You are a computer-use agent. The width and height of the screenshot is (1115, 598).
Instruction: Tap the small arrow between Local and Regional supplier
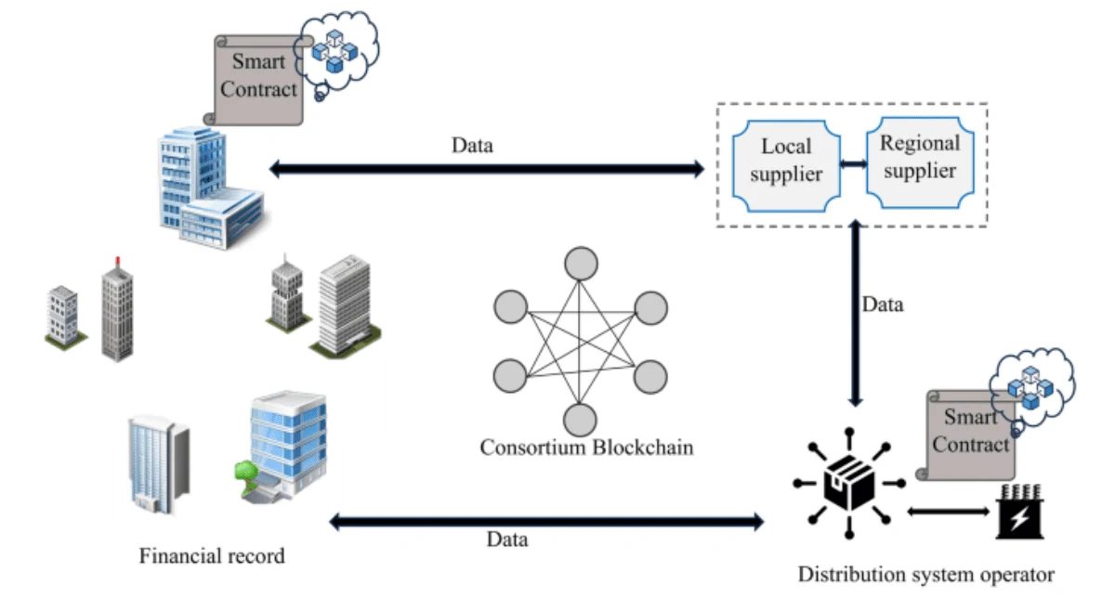[852, 164]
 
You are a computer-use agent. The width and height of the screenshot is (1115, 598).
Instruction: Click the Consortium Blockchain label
[586, 448]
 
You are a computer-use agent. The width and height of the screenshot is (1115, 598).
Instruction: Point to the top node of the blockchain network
[581, 264]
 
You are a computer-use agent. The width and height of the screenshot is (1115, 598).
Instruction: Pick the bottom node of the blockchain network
[581, 420]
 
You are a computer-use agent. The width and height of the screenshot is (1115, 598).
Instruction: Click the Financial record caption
[212, 557]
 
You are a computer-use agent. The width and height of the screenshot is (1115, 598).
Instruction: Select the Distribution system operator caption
[926, 573]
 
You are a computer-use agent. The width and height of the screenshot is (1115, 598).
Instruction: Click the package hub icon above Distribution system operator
[849, 483]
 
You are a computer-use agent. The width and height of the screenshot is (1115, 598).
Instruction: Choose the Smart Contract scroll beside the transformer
[969, 434]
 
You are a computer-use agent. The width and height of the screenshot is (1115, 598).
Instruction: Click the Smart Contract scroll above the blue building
[260, 79]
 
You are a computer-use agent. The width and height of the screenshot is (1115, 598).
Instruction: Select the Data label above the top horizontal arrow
[472, 145]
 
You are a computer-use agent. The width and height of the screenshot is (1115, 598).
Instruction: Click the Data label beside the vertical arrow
[882, 304]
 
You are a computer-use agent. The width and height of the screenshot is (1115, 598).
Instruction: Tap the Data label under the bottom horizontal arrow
[507, 539]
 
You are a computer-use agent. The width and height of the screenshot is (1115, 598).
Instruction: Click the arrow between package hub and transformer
[948, 510]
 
